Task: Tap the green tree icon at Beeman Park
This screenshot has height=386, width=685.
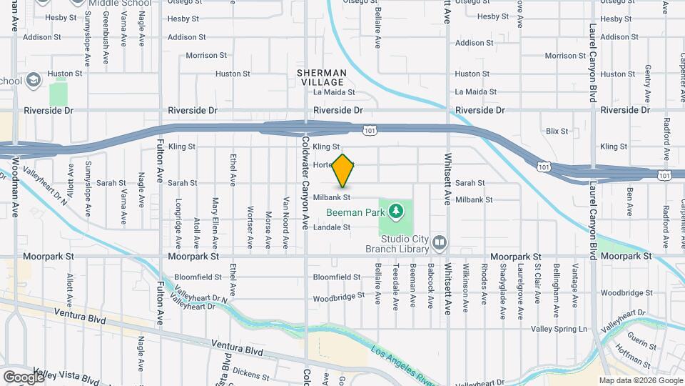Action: click(396, 212)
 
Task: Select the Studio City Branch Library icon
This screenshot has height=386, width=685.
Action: click(440, 244)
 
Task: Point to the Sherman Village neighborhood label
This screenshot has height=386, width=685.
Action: click(323, 77)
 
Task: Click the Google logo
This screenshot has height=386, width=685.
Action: click(23, 377)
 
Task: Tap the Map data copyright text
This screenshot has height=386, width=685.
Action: click(641, 380)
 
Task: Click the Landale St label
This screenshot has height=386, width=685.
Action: click(332, 227)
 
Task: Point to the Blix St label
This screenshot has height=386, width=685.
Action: click(557, 131)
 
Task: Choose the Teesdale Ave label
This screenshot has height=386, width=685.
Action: click(395, 286)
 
